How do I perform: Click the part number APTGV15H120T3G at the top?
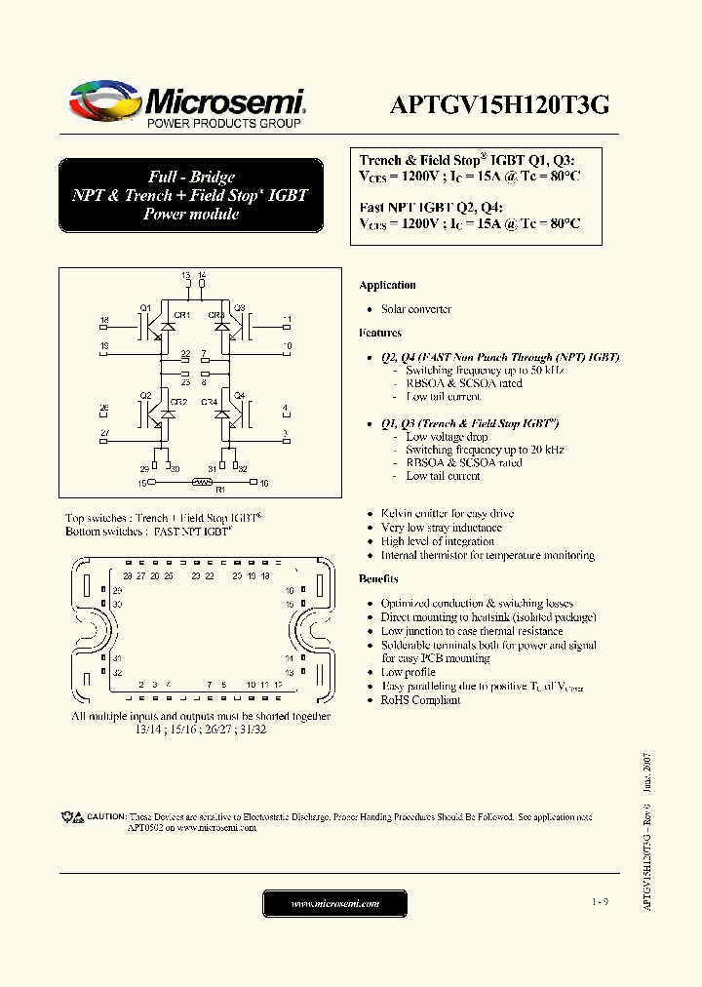coord(500,106)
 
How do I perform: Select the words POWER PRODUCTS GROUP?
coord(223,124)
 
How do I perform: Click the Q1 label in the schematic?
coord(144,307)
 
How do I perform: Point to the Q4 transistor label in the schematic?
coord(240,395)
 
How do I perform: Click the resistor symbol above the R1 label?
coord(202,482)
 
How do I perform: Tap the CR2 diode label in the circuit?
coord(179,402)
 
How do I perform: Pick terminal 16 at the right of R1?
coord(263,482)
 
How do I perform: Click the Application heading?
coord(387,285)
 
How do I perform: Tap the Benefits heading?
coord(378,579)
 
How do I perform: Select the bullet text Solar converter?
coord(416,309)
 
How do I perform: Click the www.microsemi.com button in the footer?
coord(334,904)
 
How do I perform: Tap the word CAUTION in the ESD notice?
coord(106,815)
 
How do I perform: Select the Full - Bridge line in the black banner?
coord(191,177)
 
